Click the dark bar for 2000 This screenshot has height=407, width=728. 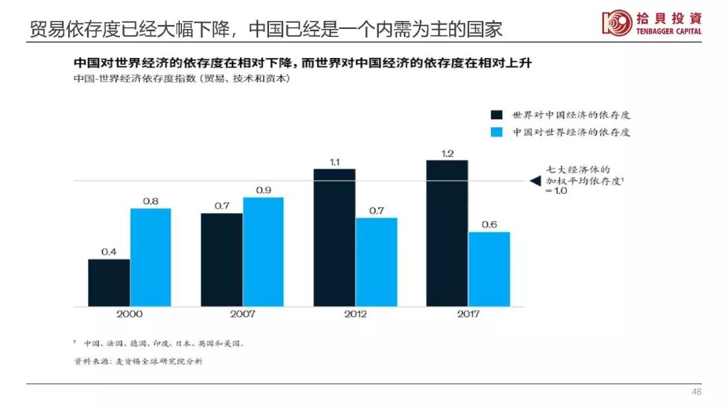click(x=109, y=282)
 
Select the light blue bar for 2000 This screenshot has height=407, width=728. click(x=150, y=257)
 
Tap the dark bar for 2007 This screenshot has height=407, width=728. click(x=221, y=259)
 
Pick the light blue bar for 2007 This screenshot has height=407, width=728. click(x=263, y=251)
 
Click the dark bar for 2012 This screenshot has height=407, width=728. click(x=334, y=237)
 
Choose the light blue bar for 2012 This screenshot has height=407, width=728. click(x=376, y=261)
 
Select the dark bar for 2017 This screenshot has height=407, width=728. click(x=447, y=232)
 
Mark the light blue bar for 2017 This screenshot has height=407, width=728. click(x=489, y=269)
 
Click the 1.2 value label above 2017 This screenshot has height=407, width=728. click(x=447, y=153)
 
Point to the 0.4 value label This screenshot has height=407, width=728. click(x=109, y=252)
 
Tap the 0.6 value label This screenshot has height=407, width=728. click(x=489, y=224)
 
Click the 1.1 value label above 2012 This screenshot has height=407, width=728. click(x=334, y=162)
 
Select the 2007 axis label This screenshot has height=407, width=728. click(x=242, y=314)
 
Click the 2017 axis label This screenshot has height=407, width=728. click(x=468, y=314)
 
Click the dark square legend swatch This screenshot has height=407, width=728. click(x=497, y=115)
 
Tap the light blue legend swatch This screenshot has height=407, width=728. click(x=497, y=132)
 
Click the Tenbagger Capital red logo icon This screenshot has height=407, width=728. click(x=616, y=23)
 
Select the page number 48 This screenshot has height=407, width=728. click(x=696, y=392)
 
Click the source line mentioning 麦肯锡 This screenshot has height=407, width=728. click(x=138, y=361)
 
